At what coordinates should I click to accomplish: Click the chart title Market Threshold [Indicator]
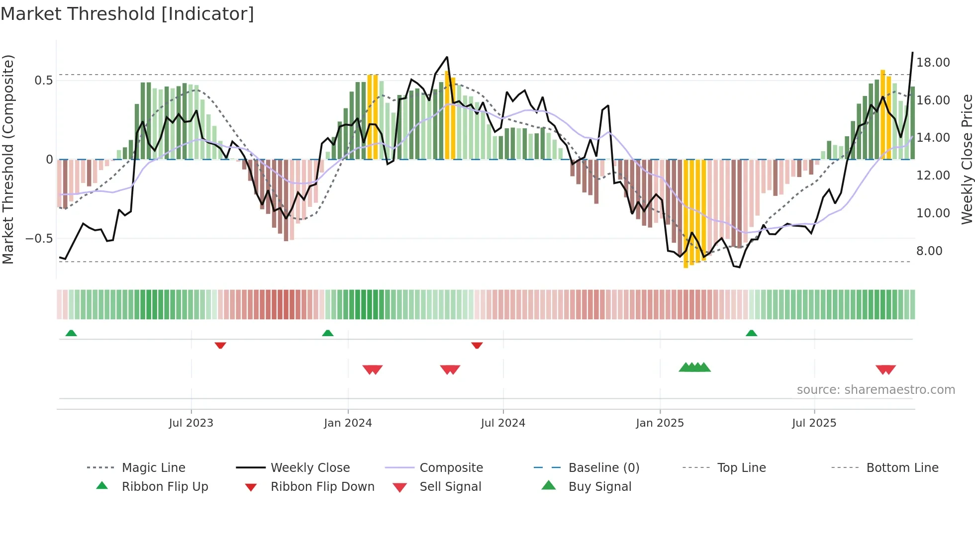coord(127,14)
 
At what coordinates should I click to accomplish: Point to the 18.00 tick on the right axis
coord(933,63)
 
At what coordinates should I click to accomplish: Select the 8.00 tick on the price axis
coord(929,251)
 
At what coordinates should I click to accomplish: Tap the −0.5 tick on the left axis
coord(39,239)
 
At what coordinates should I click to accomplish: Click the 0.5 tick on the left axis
coord(43,81)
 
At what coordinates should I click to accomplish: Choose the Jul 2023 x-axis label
coord(191,423)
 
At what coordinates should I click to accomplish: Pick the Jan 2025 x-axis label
coord(660,423)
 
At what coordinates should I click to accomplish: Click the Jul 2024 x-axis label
coord(503,423)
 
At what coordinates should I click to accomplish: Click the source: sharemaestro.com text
coord(876,390)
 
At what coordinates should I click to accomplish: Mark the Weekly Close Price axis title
coord(967,159)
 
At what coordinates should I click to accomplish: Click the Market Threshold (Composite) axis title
coord(8,159)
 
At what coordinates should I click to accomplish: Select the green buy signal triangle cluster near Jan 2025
coord(694,367)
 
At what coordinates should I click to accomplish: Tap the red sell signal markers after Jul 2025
coord(885,369)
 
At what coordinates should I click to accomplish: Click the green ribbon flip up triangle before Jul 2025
coord(751,333)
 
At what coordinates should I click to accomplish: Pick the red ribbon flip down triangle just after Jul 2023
coord(220,345)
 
